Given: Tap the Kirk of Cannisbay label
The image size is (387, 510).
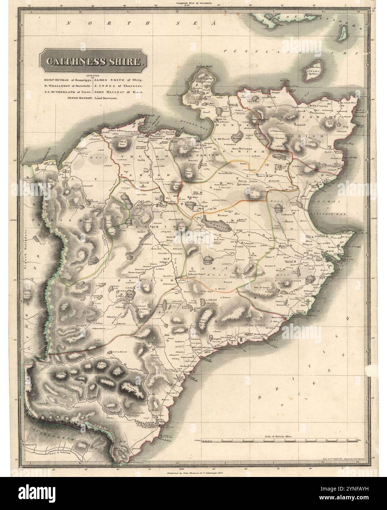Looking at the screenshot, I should coord(318,105).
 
